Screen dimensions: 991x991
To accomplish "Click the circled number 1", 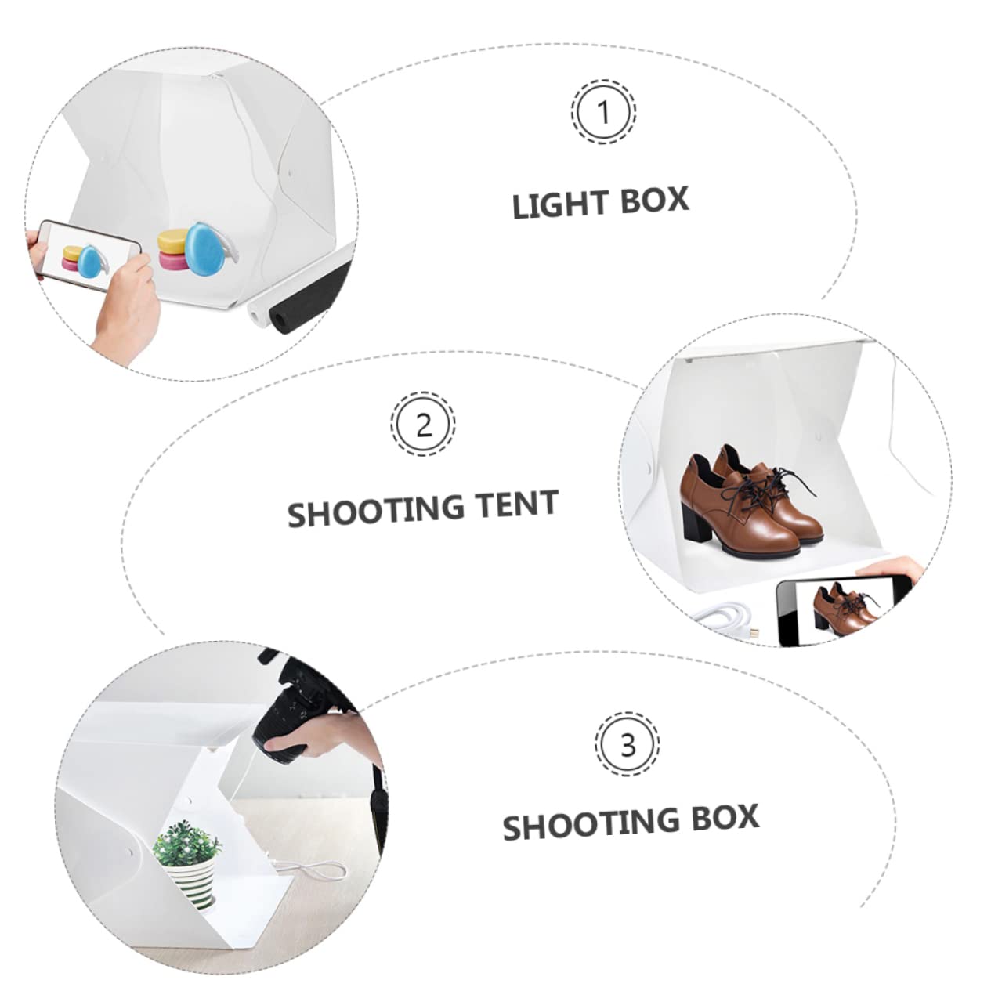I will tap(603, 112).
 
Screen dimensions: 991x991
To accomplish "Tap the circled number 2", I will tap(423, 425).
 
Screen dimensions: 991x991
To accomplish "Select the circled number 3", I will tap(627, 744).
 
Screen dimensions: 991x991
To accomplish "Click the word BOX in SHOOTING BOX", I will tap(724, 819).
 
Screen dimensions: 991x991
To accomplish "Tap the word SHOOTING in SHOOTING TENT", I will tap(367, 512).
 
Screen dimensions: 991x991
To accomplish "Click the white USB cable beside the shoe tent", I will tap(725, 615).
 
